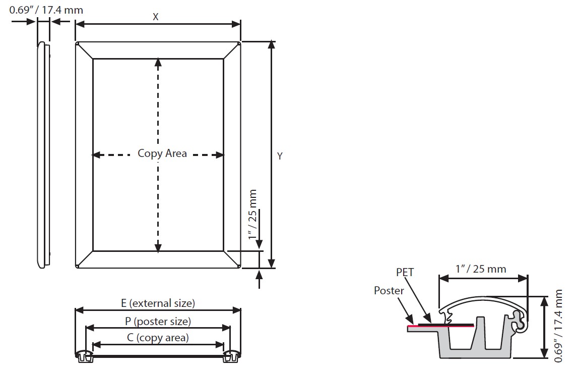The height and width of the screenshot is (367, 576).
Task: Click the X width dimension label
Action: [x=156, y=17]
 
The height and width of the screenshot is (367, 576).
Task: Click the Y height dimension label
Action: [x=280, y=156]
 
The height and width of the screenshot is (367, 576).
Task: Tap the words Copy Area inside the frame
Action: [x=162, y=153]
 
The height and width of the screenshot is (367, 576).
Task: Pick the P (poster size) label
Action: [x=158, y=321]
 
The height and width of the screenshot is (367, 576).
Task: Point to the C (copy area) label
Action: [x=158, y=338]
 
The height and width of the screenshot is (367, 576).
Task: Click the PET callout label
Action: [x=405, y=273]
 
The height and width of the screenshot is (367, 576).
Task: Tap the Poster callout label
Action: [x=389, y=291]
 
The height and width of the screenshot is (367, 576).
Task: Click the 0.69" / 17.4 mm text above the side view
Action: [x=46, y=10]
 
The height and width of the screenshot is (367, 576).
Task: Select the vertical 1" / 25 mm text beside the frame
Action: [x=253, y=215]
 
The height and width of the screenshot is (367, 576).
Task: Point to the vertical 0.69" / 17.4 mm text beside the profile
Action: [x=558, y=326]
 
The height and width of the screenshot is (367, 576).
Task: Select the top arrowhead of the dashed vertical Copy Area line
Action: [x=158, y=62]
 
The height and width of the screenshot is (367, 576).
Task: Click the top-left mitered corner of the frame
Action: [x=84, y=50]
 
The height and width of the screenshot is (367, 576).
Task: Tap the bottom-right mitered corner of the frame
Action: [x=232, y=259]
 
